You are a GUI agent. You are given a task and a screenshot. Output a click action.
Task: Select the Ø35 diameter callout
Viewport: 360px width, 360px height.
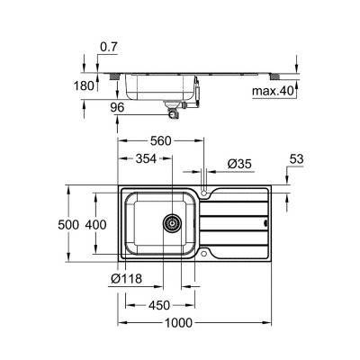click(x=239, y=164)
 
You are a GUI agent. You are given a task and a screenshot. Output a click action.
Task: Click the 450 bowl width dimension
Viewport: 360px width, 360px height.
click(x=160, y=302)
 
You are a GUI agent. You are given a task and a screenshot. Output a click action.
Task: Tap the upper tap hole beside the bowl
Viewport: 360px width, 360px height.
click(x=207, y=193)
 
